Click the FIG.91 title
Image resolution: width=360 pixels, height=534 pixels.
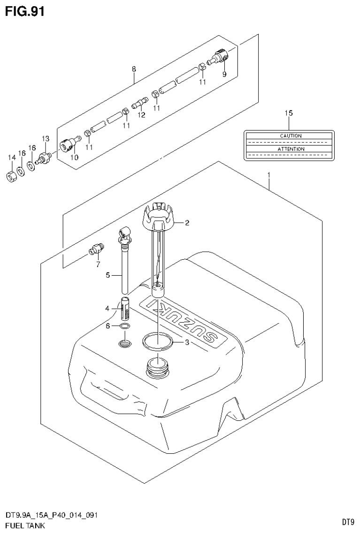coord(25,11)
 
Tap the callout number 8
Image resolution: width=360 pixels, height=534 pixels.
coord(134,69)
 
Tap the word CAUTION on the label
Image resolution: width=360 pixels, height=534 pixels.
coord(291,136)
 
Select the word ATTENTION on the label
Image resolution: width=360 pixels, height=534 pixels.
coord(291,149)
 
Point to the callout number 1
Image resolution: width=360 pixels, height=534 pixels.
coord(268,175)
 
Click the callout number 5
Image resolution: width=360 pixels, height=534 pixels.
coord(107,275)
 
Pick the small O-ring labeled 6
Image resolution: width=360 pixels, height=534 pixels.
coord(124,326)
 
